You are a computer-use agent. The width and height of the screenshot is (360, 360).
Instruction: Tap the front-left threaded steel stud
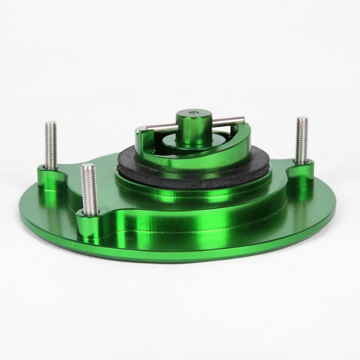pos(90,189)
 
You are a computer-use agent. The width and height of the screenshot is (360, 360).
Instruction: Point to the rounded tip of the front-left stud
pos(89,166)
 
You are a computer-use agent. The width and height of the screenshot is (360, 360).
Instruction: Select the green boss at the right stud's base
pos(302,169)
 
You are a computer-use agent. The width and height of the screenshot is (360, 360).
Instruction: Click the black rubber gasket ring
pos(187,171)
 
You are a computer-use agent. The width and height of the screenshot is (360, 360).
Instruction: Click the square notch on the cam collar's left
pos(139,132)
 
